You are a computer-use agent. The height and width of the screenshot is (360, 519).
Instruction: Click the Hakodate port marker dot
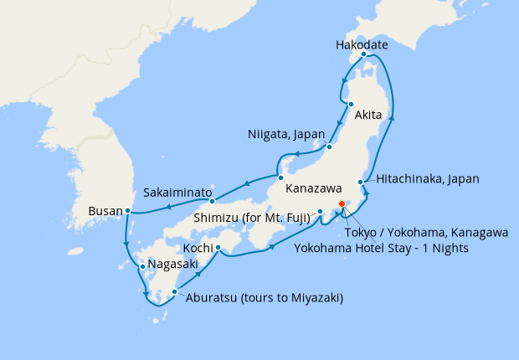pos(363,55)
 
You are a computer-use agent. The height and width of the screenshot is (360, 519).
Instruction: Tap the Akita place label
pos(369,116)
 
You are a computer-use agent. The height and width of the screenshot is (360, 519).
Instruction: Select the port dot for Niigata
pos(329,147)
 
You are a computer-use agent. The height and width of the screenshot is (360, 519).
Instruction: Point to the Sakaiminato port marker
pos(213,200)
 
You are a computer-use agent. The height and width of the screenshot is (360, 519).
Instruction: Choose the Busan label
pos(105,212)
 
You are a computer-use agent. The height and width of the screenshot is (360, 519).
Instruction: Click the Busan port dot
pos(127,211)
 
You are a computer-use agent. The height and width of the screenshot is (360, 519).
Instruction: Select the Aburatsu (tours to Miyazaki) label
pos(265,297)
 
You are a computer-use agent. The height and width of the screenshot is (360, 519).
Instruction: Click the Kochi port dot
pos(217,247)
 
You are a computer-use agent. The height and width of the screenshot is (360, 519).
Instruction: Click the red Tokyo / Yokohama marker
pos(342,203)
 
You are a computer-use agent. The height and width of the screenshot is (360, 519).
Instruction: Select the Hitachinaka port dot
pos(361,182)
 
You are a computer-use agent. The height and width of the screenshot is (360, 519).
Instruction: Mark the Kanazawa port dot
pos(277,176)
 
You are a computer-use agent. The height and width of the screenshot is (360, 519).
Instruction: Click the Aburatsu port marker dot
pos(174,292)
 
